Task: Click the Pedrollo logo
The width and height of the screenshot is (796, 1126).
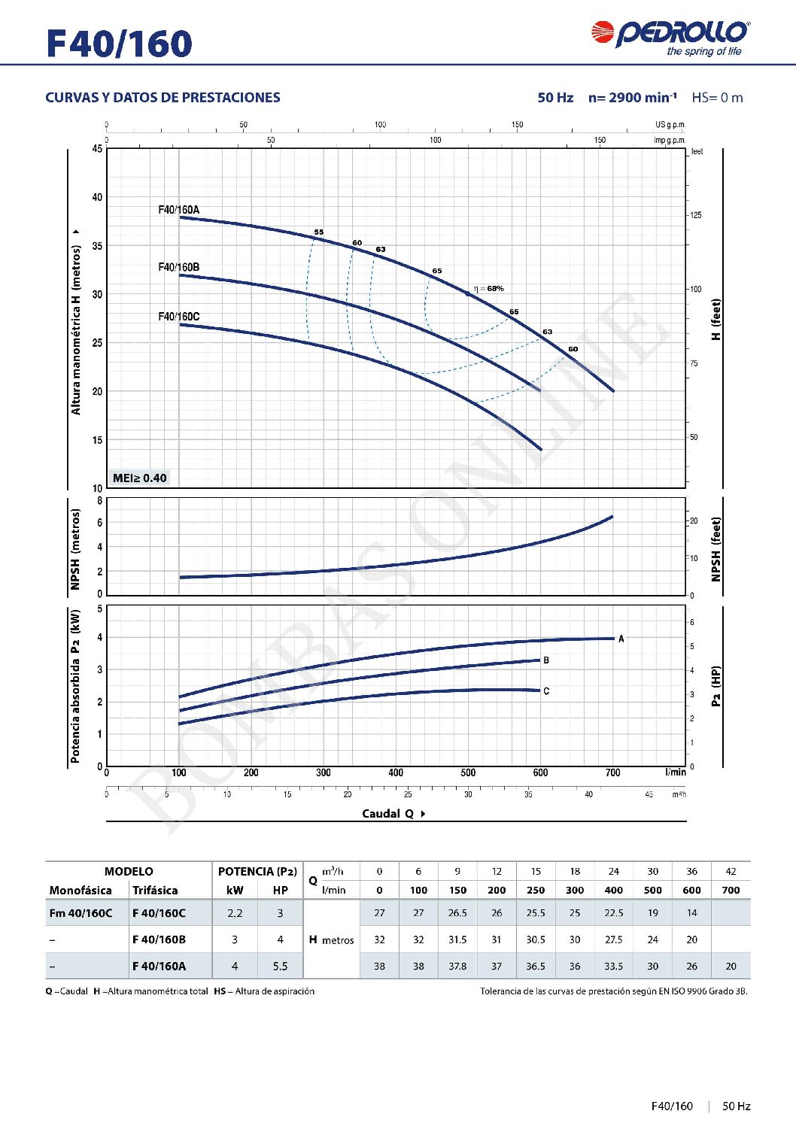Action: click(x=670, y=38)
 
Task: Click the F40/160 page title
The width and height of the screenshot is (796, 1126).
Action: click(x=119, y=44)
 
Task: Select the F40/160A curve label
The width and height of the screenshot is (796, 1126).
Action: click(x=178, y=210)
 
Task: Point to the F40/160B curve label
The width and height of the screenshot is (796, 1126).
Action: click(x=178, y=267)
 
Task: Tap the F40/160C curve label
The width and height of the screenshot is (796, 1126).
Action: click(x=178, y=317)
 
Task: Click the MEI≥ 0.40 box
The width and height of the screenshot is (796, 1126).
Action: click(x=139, y=478)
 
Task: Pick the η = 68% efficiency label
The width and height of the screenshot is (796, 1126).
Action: click(x=489, y=288)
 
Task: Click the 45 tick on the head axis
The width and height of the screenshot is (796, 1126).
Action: click(x=97, y=149)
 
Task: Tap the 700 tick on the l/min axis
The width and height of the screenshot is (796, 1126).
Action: click(x=612, y=772)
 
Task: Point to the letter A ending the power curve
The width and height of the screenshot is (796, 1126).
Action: click(x=621, y=639)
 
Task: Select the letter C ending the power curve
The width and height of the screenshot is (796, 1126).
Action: click(x=546, y=691)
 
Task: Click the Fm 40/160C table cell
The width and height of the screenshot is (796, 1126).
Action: click(x=81, y=913)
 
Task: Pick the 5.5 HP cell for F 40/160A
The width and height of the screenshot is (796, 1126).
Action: click(x=280, y=966)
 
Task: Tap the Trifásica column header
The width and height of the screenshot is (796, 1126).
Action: click(x=155, y=890)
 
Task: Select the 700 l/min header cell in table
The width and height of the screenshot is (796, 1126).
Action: click(x=731, y=890)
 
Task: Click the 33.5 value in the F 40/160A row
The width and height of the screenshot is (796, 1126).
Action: click(x=613, y=966)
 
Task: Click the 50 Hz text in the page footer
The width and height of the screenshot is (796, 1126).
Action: click(x=736, y=1106)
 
